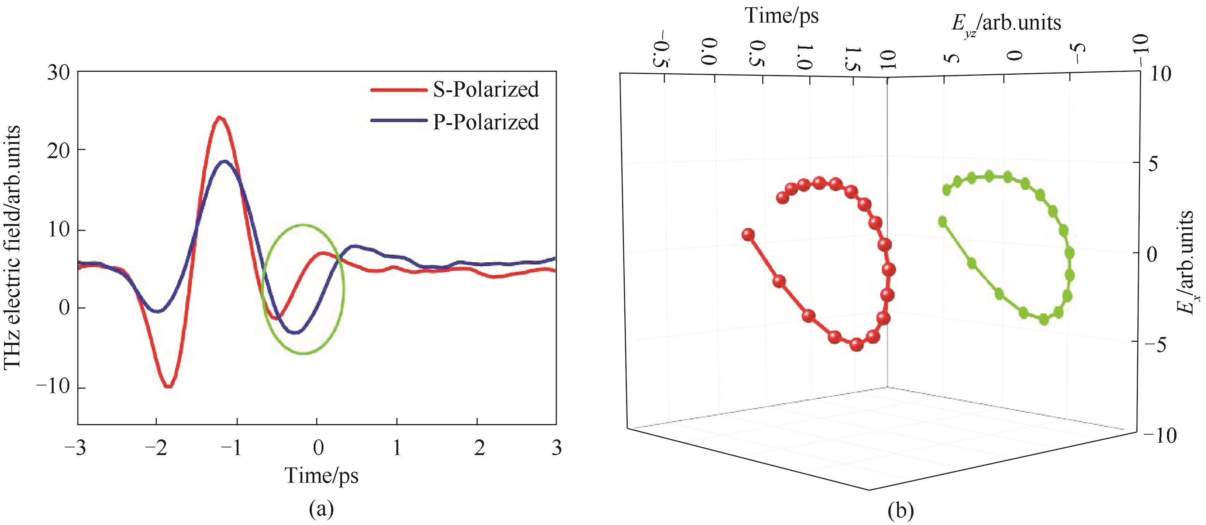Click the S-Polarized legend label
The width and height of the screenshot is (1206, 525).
pyautogui.click(x=485, y=89)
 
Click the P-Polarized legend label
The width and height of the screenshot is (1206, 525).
pyautogui.click(x=485, y=122)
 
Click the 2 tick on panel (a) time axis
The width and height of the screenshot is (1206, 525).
pyautogui.click(x=478, y=448)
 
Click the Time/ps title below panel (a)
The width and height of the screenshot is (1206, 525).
pyautogui.click(x=322, y=476)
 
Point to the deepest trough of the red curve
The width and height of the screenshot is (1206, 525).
pyautogui.click(x=168, y=387)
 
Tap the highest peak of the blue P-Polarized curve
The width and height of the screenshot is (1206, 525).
pyautogui.click(x=225, y=161)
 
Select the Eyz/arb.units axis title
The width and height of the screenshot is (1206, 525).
pyautogui.click(x=1006, y=23)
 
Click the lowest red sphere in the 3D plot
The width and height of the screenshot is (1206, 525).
pyautogui.click(x=856, y=344)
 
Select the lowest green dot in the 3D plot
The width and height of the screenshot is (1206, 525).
pyautogui.click(x=1044, y=319)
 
